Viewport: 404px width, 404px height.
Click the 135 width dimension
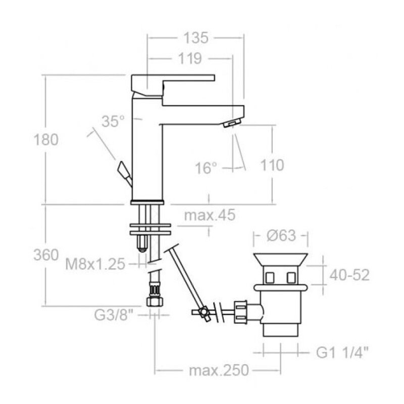tap(195, 38)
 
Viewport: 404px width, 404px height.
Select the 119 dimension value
tap(190, 59)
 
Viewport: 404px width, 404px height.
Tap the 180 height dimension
tap(46, 140)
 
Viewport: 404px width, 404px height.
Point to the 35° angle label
tap(113, 121)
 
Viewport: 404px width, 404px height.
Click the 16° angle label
tap(206, 168)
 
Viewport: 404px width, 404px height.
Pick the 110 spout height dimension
tap(272, 165)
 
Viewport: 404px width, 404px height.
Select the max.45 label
tap(210, 215)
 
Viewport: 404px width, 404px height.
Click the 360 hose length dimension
tap(46, 255)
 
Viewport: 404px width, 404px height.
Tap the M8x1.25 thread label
tap(95, 264)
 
